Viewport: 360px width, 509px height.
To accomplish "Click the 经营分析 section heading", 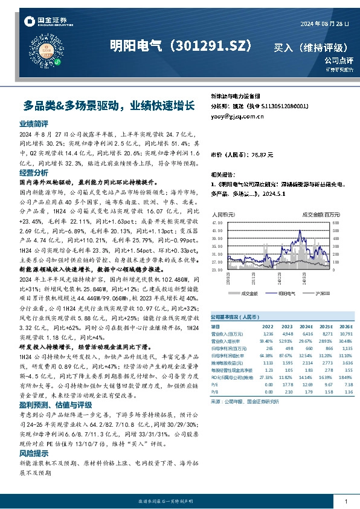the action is (34, 173).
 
